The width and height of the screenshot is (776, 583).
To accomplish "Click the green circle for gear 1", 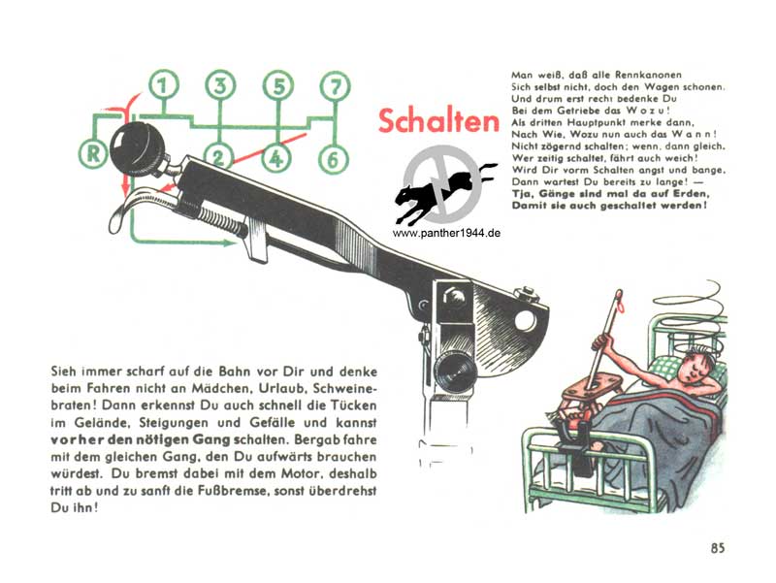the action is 163,85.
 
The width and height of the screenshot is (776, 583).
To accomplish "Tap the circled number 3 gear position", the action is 220,85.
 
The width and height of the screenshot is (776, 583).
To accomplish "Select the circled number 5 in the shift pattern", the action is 278,85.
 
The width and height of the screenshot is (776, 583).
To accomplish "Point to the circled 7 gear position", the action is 336,86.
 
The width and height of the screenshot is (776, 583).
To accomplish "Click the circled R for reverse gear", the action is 92,154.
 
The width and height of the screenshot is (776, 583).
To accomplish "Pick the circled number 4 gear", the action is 276,158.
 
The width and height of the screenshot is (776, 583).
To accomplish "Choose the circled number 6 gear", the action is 333,159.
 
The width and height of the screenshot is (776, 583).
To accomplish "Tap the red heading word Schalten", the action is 438,120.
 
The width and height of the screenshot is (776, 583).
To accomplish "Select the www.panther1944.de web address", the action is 446,233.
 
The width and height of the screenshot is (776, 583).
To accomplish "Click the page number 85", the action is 718,548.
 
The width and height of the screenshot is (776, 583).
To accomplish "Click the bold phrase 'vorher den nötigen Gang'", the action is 141,440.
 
